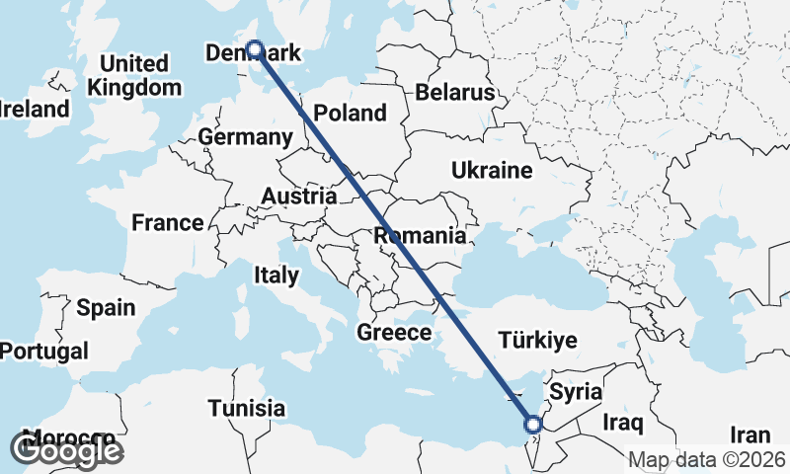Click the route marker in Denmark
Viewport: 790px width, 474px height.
click(255, 48)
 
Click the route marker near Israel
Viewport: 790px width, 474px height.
click(533, 425)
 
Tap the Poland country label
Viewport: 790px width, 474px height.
click(350, 114)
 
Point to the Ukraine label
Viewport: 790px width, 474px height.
click(492, 171)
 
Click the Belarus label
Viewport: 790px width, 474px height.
click(454, 93)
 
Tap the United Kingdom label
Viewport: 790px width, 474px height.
click(134, 75)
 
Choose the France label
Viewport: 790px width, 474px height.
click(168, 222)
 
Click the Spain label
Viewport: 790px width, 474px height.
click(106, 307)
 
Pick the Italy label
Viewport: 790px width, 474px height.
click(276, 275)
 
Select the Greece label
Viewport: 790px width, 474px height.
click(394, 332)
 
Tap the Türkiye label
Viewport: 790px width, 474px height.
click(536, 341)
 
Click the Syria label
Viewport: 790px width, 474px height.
click(575, 391)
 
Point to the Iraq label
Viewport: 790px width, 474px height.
click(622, 423)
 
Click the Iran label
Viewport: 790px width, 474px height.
click(750, 434)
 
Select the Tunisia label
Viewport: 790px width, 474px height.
click(247, 408)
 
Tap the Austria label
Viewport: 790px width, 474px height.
click(298, 197)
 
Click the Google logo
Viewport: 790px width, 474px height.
click(66, 450)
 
